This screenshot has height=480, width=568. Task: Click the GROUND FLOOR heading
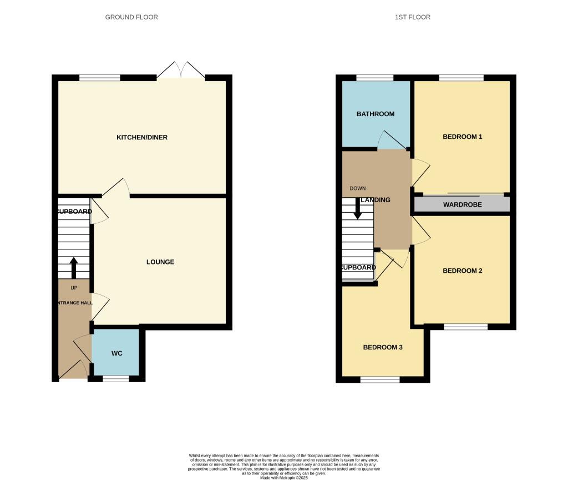pos(131,17)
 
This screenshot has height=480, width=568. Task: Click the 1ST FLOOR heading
pos(412,17)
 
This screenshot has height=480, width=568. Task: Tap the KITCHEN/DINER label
pos(141,137)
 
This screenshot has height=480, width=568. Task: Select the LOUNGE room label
pos(160,262)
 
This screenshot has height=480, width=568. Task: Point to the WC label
pos(116,353)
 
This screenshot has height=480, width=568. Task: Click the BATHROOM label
pos(376,114)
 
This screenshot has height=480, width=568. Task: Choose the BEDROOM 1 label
pos(462,137)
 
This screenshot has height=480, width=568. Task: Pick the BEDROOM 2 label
pos(462,271)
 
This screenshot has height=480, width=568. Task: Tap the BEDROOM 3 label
pos(383,347)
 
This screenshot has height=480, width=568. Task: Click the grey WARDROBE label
pos(462,205)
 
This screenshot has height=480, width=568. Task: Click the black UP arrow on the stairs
pos(73,267)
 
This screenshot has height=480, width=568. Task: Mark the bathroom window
pos(374,78)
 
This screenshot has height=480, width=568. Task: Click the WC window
pos(115,379)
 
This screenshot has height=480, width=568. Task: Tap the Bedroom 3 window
pos(380,380)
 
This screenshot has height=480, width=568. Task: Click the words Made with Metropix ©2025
pos(283,477)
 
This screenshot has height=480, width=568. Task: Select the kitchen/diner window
pos(100,78)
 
